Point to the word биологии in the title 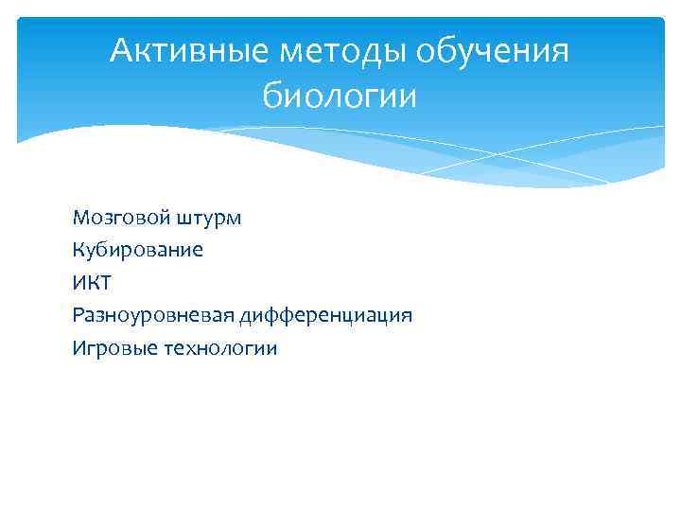(x=340, y=97)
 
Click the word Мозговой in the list (x=117, y=219)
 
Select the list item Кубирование (x=137, y=251)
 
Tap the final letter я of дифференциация (x=407, y=316)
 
